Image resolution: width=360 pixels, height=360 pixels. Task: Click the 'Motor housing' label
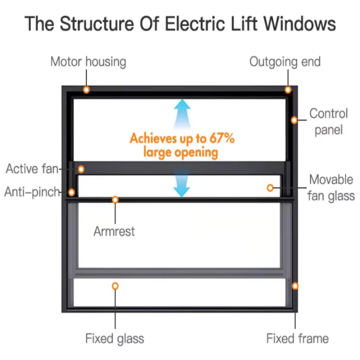pyautogui.click(x=88, y=62)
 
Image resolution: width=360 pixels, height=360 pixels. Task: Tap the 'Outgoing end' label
pyautogui.click(x=285, y=62)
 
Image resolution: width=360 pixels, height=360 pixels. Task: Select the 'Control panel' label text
pyautogui.click(x=328, y=121)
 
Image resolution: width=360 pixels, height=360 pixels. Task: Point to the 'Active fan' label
pyautogui.click(x=32, y=169)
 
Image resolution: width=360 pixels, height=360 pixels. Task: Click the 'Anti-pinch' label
pyautogui.click(x=32, y=192)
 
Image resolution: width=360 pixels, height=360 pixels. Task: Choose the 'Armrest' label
pyautogui.click(x=114, y=232)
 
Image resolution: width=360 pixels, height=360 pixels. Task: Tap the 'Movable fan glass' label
pyautogui.click(x=331, y=188)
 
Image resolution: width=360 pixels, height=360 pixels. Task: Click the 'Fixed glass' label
pyautogui.click(x=115, y=338)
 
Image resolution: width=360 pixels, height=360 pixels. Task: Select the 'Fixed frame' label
pyautogui.click(x=297, y=338)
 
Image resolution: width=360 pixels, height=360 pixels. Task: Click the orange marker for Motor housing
pyautogui.click(x=86, y=90)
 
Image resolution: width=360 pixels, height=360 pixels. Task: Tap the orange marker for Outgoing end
pyautogui.click(x=288, y=90)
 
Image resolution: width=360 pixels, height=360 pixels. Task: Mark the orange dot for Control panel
pyautogui.click(x=294, y=120)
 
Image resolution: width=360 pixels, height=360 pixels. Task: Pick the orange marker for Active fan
pyautogui.click(x=81, y=169)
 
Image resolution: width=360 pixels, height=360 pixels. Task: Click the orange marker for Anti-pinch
pyautogui.click(x=72, y=193)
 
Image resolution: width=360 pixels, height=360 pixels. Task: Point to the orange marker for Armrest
pyautogui.click(x=115, y=199)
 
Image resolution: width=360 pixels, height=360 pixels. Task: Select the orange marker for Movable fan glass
pyautogui.click(x=270, y=188)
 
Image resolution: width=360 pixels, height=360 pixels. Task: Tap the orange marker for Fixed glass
pyautogui.click(x=115, y=286)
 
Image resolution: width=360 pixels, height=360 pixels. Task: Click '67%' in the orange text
pyautogui.click(x=221, y=138)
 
